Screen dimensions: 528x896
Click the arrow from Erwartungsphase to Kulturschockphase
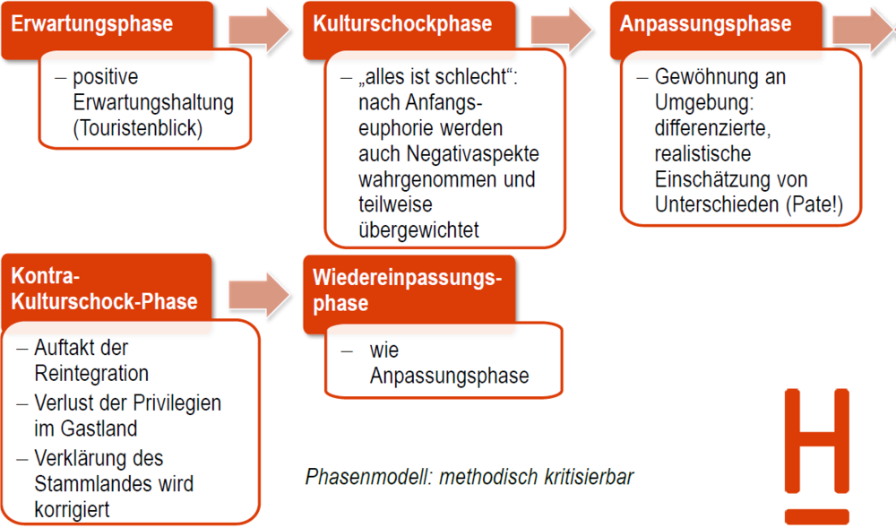coord(260,30)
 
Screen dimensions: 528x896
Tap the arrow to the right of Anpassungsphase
coord(864,30)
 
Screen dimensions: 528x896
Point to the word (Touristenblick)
coord(138,128)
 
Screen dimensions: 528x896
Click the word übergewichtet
coord(418,230)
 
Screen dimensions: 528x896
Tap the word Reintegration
coord(91,373)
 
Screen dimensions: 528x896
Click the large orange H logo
coord(815,455)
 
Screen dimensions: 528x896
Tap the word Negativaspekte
coord(448,153)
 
